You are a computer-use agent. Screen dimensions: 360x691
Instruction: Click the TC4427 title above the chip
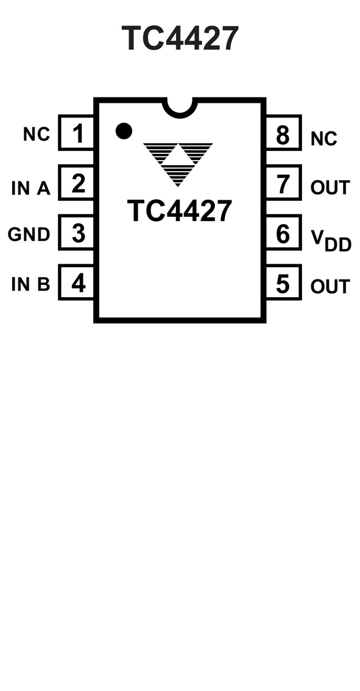[180, 38]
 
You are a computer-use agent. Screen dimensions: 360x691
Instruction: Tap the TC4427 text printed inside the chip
[180, 211]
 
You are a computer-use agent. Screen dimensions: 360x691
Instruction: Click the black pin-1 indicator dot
[124, 131]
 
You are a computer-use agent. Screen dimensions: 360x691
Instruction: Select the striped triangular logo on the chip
[178, 164]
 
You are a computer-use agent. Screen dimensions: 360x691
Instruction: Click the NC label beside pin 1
[37, 135]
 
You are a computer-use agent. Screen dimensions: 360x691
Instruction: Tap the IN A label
[31, 189]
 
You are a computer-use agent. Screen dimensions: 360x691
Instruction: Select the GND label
[29, 234]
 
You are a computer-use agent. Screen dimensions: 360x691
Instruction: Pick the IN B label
[31, 285]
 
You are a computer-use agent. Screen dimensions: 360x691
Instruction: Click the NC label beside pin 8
[324, 139]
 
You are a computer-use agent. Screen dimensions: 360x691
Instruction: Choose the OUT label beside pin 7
[330, 188]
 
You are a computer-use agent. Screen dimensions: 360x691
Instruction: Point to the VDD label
[331, 240]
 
